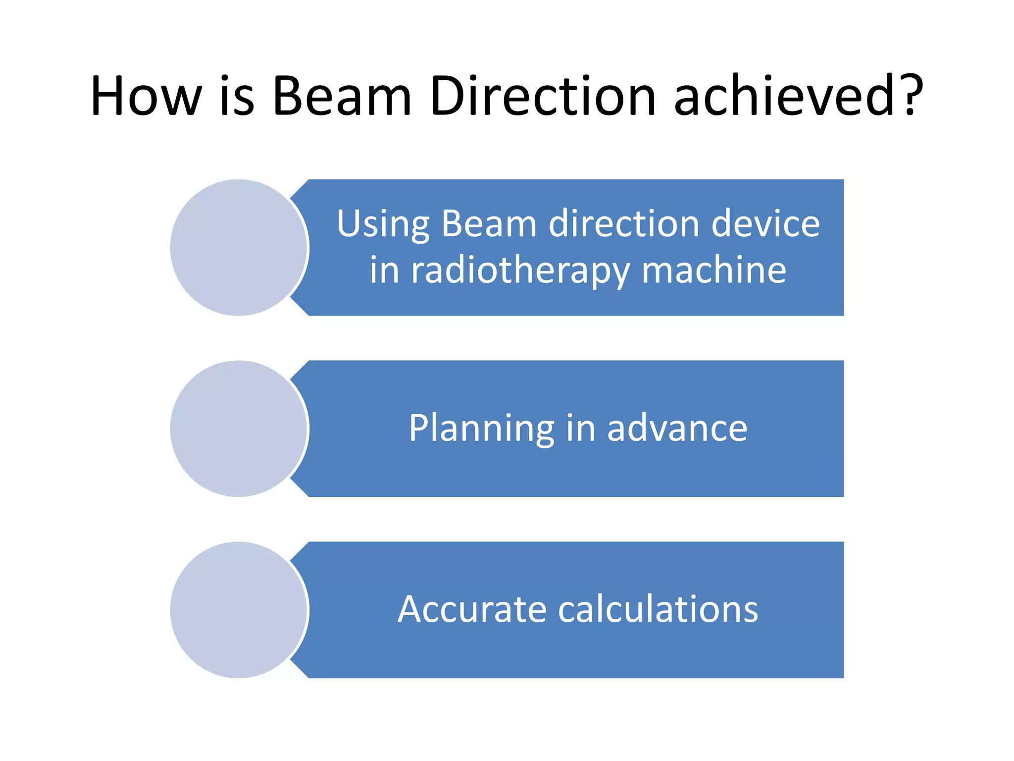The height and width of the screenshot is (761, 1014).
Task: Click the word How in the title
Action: coord(146,96)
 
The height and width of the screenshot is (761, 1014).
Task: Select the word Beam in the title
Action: coord(342,96)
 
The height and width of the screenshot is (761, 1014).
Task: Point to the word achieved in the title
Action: coord(787,96)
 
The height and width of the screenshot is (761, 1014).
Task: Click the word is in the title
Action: coord(237,96)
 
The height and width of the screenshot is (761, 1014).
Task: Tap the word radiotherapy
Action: coord(520,271)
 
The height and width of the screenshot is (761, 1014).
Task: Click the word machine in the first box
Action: coord(713,271)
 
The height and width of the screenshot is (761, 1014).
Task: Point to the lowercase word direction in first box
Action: coord(624,224)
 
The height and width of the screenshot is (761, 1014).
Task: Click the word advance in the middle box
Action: coord(677,429)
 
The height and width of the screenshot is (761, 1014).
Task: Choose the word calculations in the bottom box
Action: coord(658,609)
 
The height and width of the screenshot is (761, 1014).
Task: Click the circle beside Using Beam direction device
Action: coord(239,248)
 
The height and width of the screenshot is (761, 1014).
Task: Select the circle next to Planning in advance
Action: coord(239,429)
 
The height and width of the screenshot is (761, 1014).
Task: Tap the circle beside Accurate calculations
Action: coord(239,610)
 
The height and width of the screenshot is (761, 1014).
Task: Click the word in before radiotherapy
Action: coord(384,271)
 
